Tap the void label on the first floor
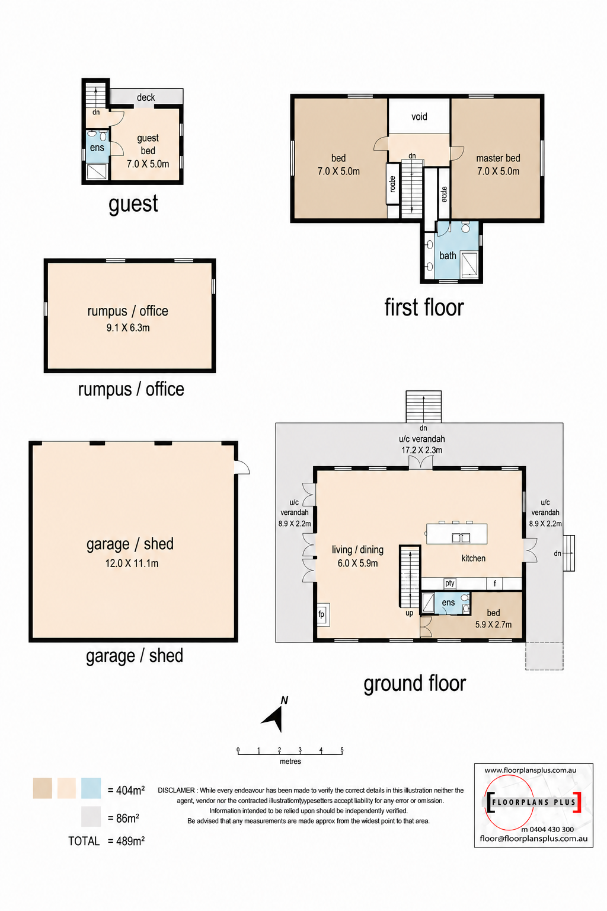(419, 117)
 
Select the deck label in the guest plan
(146, 98)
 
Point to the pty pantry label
(450, 583)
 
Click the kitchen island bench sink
(461, 538)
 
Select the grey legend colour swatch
(91, 817)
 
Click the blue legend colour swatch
(91, 788)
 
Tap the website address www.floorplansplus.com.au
(531, 770)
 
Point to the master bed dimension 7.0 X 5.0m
(499, 171)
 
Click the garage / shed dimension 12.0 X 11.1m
(132, 563)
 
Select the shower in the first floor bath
(469, 265)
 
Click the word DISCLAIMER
(176, 790)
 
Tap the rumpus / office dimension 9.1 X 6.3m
(128, 328)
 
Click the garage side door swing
(242, 467)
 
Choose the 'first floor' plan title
(424, 307)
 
